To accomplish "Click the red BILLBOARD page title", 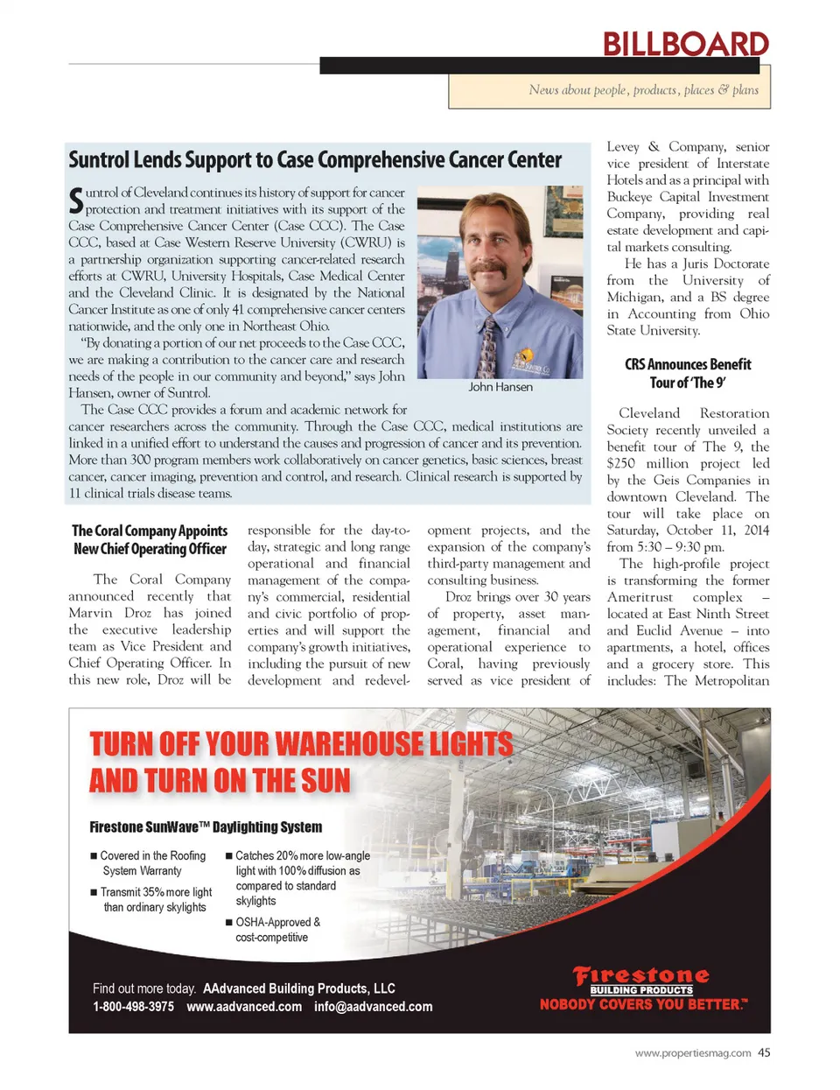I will click(x=685, y=44).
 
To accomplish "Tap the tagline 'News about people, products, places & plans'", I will click(x=643, y=90).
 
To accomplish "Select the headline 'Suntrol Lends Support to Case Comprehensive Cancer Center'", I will click(x=315, y=160).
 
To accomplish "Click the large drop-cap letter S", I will click(x=76, y=200).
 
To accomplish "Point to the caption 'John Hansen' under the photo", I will click(x=500, y=387).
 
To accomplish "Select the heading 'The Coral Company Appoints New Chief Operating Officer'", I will click(x=150, y=539).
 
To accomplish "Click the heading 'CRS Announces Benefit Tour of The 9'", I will click(x=688, y=373).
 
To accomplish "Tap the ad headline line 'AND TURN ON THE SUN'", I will click(x=220, y=780).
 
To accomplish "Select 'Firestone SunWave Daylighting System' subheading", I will click(x=206, y=826).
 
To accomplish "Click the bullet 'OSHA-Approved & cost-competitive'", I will click(x=276, y=930).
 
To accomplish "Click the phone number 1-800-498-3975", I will click(x=133, y=1007).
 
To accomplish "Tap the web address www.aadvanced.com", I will click(x=244, y=1007).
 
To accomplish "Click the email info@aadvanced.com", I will click(x=373, y=1007).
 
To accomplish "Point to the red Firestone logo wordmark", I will click(x=641, y=974).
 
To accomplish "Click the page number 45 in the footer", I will click(x=764, y=1053).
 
